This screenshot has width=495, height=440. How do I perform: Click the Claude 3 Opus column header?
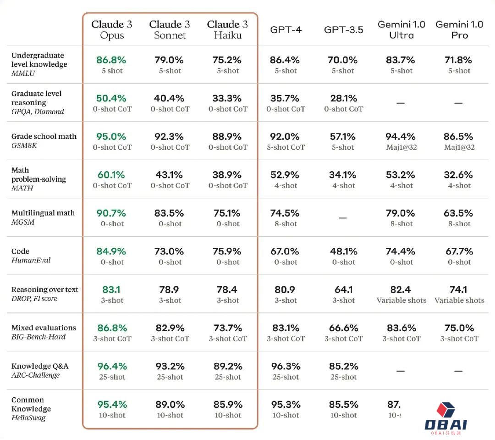(112, 29)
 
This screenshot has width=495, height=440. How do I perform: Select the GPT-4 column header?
(286, 30)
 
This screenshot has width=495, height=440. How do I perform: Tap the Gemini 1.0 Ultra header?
(401, 29)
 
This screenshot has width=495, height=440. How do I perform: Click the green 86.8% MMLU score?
(111, 60)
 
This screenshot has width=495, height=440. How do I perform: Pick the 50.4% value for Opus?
(111, 98)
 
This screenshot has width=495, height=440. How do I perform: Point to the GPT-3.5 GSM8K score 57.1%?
(343, 137)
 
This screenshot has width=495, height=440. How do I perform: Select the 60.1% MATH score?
(111, 175)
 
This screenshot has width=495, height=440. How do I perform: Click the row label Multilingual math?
(43, 213)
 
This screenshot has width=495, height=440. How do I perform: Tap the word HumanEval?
(31, 260)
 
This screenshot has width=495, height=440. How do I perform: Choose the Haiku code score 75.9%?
(228, 251)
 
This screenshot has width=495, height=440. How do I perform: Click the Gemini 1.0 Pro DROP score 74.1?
(459, 290)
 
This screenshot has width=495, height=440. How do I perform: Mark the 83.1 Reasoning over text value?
(111, 290)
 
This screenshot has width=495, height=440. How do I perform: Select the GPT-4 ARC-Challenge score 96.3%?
(286, 366)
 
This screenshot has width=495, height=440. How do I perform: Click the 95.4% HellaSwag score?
(111, 405)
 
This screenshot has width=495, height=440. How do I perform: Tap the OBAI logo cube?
(445, 410)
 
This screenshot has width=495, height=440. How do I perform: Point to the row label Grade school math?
(44, 136)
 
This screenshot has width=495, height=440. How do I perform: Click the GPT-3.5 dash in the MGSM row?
(343, 217)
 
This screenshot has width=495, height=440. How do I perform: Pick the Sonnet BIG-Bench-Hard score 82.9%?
(170, 328)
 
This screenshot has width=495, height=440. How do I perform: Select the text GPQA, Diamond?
(38, 111)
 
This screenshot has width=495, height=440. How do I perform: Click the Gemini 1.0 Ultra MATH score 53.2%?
(401, 175)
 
